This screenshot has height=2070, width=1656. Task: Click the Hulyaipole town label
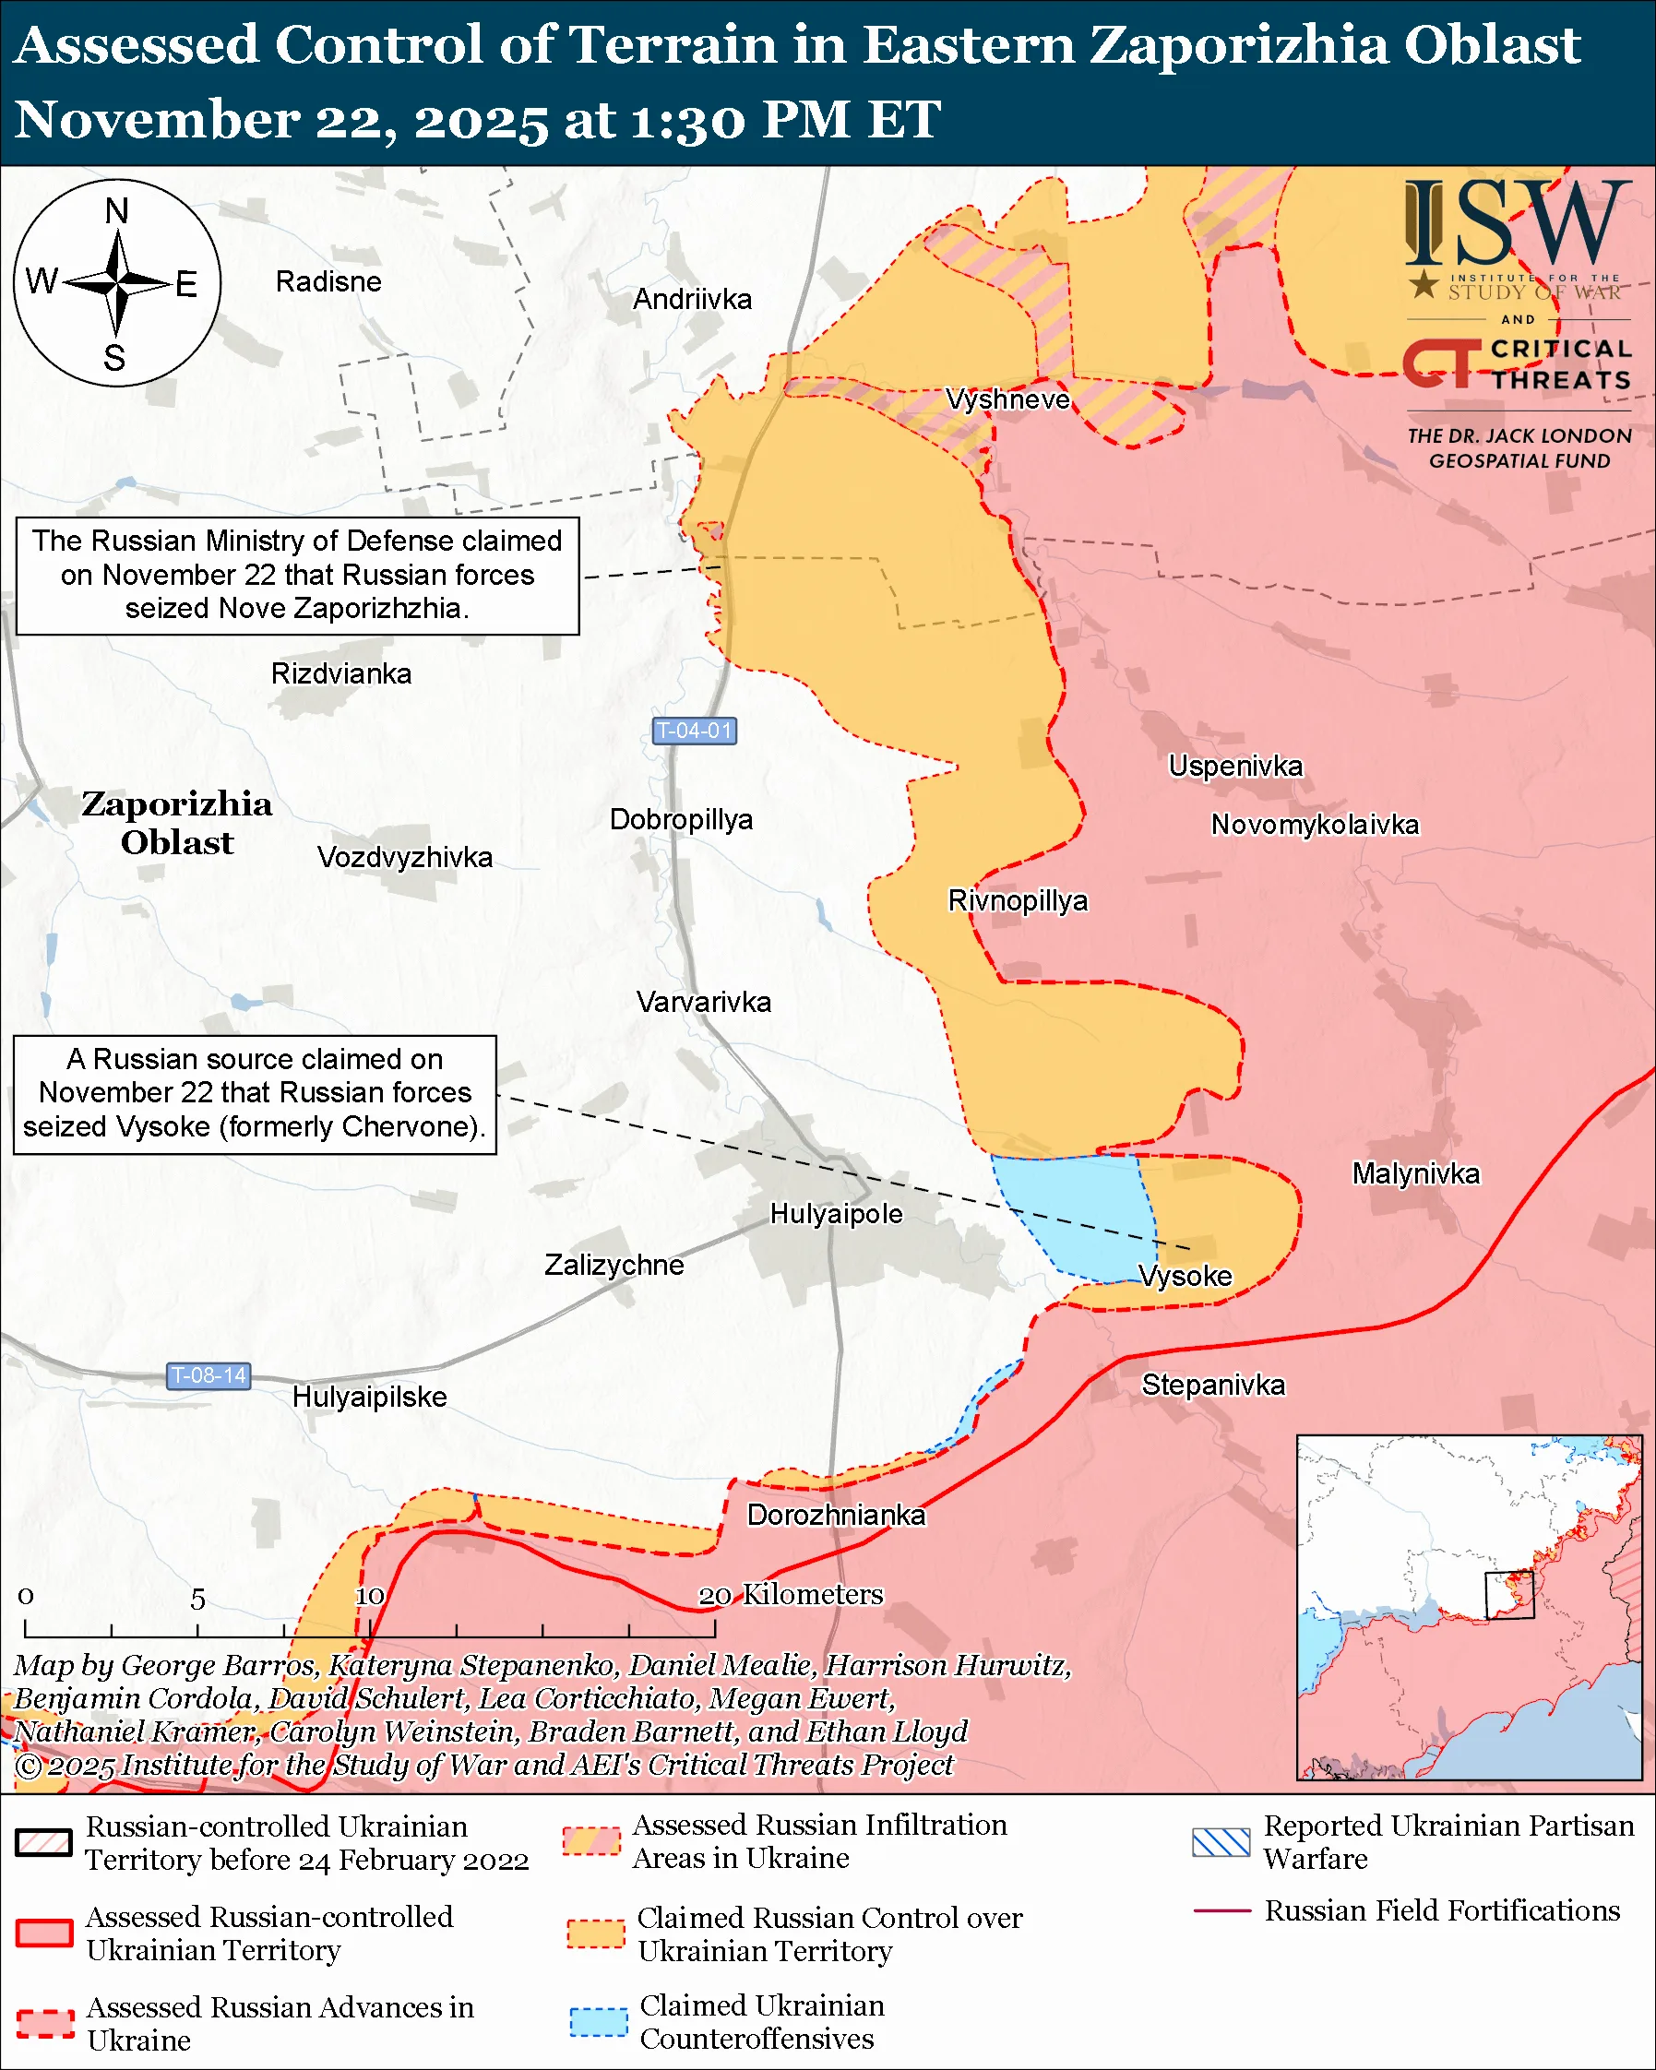point(836,1214)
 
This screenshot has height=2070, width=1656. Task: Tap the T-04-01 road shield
point(693,731)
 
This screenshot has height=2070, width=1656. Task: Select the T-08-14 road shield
point(208,1375)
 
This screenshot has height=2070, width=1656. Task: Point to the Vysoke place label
point(1185,1276)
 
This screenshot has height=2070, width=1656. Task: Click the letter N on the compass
point(116,211)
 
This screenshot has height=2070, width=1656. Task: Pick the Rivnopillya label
point(1018,900)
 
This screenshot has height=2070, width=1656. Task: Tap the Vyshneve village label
point(1007,399)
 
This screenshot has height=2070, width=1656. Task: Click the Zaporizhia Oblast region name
point(176,823)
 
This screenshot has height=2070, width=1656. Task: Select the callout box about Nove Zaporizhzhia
point(297,575)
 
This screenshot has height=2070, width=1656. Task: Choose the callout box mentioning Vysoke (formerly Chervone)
point(255,1093)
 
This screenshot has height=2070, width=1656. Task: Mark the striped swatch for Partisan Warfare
point(1221,1842)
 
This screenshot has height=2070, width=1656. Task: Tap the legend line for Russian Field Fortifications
point(1221,1911)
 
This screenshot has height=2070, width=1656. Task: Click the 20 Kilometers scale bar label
point(789,1595)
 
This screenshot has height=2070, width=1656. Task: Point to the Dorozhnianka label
point(836,1515)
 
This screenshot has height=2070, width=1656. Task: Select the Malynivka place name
point(1415,1173)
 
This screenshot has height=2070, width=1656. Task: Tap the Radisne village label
point(328,281)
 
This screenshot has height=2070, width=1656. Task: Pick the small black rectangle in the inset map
point(1509,1595)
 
